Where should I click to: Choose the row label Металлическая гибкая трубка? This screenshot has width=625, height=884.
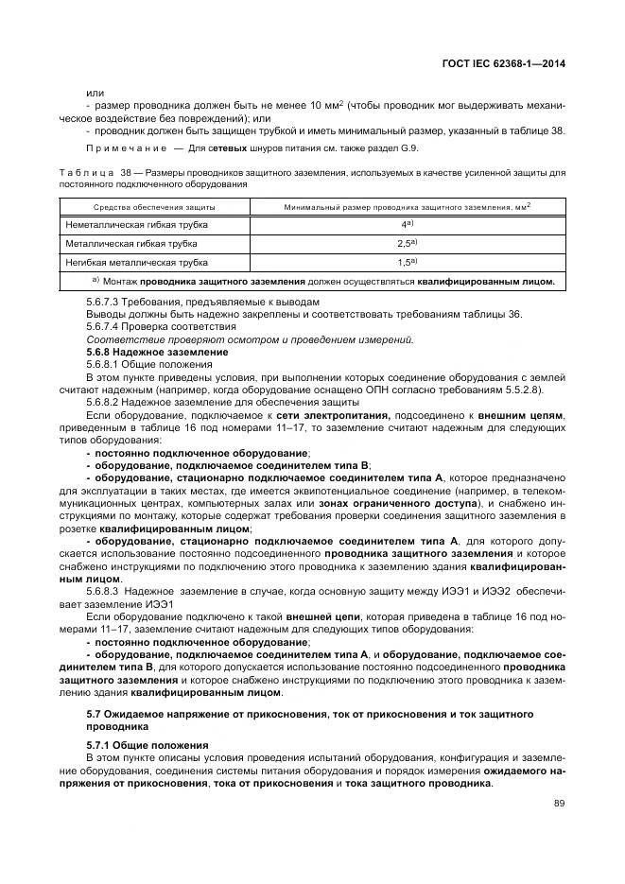tap(130, 243)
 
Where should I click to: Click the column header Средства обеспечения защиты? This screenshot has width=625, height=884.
tap(154, 206)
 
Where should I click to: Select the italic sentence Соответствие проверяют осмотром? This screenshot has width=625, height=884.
tap(250, 339)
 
